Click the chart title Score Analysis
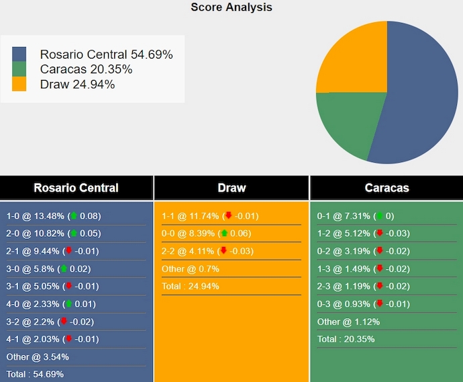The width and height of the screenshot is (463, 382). (232, 7)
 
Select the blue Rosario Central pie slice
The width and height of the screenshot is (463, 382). (419, 101)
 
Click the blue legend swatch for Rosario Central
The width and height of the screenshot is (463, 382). (19, 54)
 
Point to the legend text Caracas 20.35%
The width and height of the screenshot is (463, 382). (86, 69)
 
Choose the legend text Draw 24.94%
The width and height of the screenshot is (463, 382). (77, 84)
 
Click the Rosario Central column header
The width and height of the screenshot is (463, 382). (76, 188)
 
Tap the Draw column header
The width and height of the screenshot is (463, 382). (232, 188)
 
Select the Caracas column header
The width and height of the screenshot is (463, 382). (387, 188)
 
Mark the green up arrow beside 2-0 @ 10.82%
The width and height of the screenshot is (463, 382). (74, 233)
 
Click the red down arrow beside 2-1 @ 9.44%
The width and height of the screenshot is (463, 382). (68, 251)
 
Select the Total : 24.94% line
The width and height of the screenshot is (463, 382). (191, 286)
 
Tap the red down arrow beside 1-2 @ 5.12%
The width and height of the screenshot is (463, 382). (380, 233)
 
